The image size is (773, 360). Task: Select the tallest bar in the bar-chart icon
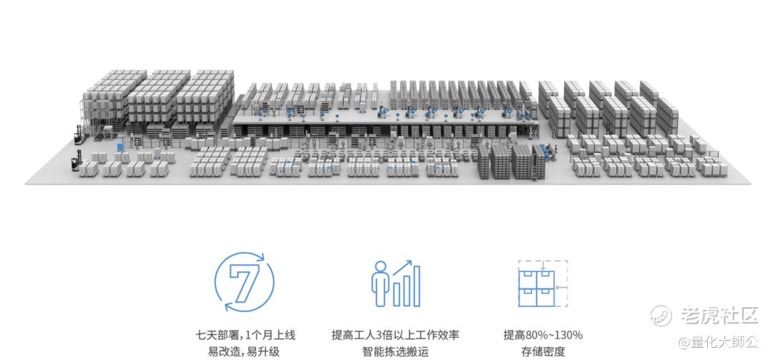click(416, 286)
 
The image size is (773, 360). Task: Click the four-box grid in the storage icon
click(536, 288)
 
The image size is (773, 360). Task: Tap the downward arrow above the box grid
click(543, 266)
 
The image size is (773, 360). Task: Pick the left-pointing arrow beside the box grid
click(562, 286)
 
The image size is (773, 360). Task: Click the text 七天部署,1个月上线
click(245, 336)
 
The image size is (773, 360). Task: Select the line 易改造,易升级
click(245, 352)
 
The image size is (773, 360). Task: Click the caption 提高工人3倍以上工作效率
click(395, 336)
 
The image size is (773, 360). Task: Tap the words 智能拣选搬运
click(395, 352)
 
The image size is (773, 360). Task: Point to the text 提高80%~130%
click(543, 336)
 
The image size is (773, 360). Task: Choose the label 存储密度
click(543, 352)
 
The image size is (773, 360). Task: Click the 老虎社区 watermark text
click(719, 316)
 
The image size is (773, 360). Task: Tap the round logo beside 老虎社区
click(661, 316)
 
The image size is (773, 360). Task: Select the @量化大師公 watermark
click(718, 342)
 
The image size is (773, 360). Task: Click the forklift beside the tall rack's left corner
click(77, 135)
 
